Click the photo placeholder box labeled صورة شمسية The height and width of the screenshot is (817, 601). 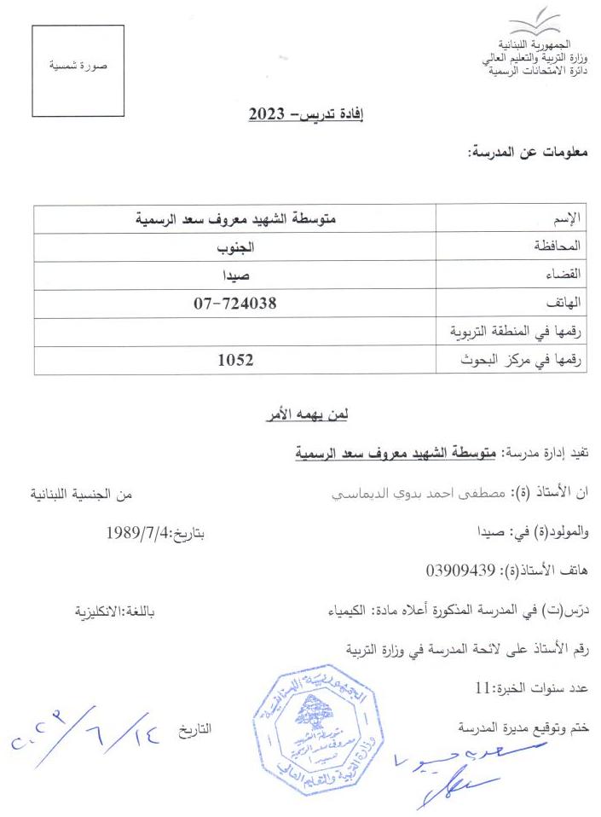(78, 70)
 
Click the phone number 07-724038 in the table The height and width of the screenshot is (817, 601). (236, 303)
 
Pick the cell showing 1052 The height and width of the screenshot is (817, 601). (235, 360)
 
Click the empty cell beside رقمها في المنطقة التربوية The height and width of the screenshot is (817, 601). (235, 331)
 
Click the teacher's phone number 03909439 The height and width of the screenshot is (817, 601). (459, 569)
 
